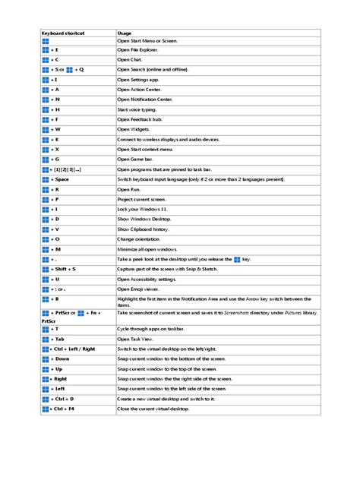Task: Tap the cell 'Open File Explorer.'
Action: (x=138, y=49)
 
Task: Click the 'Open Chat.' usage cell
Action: (x=131, y=58)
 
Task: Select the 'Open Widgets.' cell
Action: (x=134, y=129)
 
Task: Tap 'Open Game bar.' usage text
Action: (x=136, y=159)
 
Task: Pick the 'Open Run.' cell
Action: (x=128, y=189)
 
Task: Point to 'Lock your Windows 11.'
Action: (x=142, y=209)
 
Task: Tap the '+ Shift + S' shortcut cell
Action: (x=64, y=269)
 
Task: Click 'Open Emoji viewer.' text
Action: (x=140, y=289)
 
